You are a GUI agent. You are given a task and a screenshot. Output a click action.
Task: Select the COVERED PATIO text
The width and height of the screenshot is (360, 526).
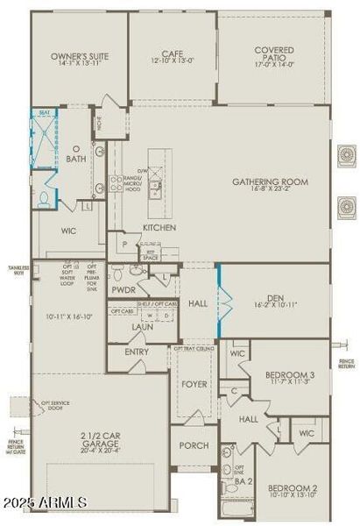pos(274,55)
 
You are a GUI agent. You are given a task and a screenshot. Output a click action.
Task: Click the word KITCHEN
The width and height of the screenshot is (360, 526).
pos(159,228)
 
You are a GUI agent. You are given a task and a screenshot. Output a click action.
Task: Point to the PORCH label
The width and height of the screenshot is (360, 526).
pos(194,445)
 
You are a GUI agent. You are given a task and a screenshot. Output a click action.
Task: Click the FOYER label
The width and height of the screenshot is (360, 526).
pos(194,384)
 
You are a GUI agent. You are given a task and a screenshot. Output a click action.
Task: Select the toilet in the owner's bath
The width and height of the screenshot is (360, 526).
pos(45,198)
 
